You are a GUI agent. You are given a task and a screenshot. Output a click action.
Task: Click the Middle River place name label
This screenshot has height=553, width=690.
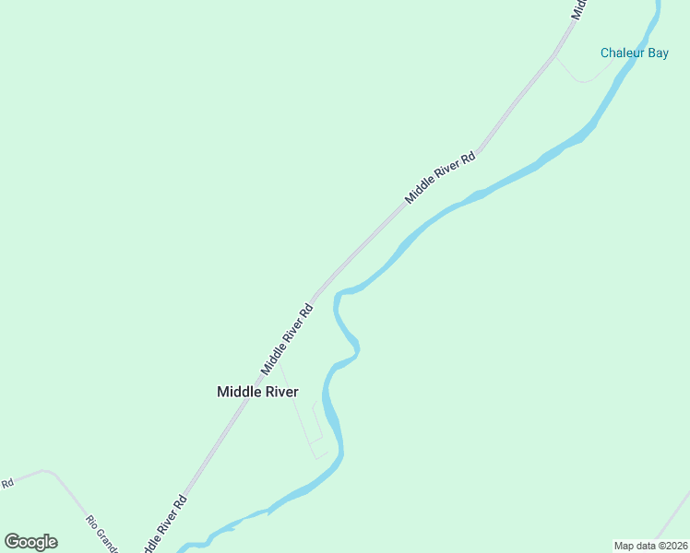click(257, 392)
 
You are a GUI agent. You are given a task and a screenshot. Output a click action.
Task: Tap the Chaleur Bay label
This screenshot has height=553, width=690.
click(635, 53)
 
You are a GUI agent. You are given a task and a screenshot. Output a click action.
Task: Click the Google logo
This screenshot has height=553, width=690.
click(30, 542)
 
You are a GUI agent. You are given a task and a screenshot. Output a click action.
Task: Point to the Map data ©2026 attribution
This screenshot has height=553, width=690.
click(650, 546)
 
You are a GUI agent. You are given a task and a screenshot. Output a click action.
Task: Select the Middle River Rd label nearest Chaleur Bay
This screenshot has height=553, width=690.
click(441, 177)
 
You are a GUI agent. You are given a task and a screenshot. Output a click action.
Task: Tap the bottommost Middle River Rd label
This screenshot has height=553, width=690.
click(165, 524)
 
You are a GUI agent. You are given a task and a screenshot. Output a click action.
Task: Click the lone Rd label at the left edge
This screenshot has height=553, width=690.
click(6, 483)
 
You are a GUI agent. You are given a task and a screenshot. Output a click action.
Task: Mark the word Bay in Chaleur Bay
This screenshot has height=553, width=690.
click(658, 53)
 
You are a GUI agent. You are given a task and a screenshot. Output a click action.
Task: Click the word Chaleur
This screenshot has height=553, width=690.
click(622, 53)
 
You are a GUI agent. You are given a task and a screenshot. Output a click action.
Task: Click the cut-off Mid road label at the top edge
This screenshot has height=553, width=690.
click(579, 9)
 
